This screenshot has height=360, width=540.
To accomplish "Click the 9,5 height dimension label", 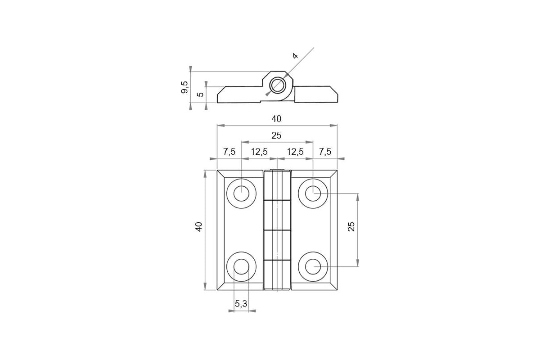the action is [184, 87].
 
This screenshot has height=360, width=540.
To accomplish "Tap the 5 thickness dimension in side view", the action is [200, 94].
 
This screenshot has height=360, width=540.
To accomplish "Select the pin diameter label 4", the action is [295, 56].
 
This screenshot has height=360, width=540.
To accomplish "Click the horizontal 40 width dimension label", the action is [276, 119].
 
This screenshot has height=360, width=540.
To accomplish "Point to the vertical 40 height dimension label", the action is [199, 227].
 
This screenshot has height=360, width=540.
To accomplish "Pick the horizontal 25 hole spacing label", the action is [276, 135].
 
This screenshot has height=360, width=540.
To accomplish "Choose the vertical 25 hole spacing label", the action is [351, 227].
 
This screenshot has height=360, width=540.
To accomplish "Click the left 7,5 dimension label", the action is [229, 152].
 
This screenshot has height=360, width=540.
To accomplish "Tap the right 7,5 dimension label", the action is [325, 152].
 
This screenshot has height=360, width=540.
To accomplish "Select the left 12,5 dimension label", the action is [259, 152].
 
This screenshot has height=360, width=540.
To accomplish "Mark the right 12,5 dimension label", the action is [295, 152].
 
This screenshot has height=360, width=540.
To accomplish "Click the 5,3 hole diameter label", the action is [241, 304].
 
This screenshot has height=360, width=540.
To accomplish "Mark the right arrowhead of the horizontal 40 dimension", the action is [333, 126].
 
